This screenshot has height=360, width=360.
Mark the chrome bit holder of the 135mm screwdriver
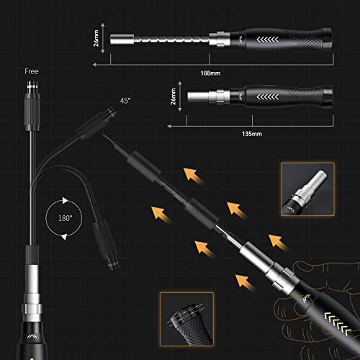(x=206, y=96)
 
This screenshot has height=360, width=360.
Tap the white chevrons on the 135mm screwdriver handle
(x=271, y=95)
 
